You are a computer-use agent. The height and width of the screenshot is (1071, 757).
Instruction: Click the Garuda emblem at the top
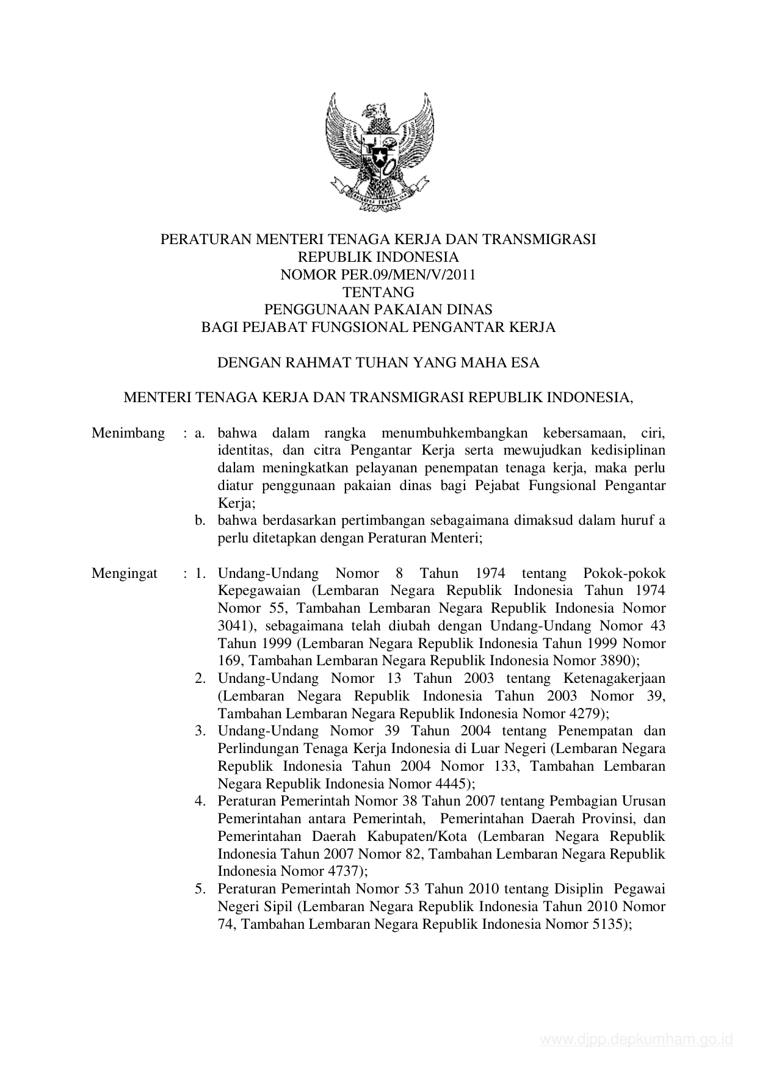378,152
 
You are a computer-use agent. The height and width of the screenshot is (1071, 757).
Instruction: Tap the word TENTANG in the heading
378,292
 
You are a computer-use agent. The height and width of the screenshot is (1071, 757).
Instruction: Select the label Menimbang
128,433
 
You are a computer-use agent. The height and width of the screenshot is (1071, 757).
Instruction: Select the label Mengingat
125,574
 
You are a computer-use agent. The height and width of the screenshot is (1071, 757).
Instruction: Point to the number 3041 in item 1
231,626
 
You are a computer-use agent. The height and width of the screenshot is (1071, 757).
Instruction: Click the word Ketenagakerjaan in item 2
614,679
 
